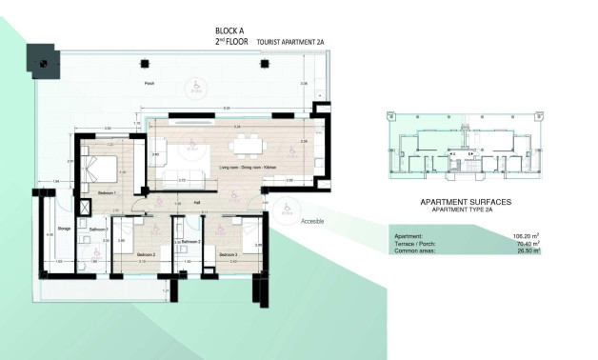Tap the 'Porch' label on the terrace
[x=149, y=84]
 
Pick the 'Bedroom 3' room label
[x=229, y=255]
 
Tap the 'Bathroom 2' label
[x=186, y=243]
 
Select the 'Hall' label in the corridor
[x=197, y=202]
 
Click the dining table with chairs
[x=250, y=145]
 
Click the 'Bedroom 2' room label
[x=146, y=255]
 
